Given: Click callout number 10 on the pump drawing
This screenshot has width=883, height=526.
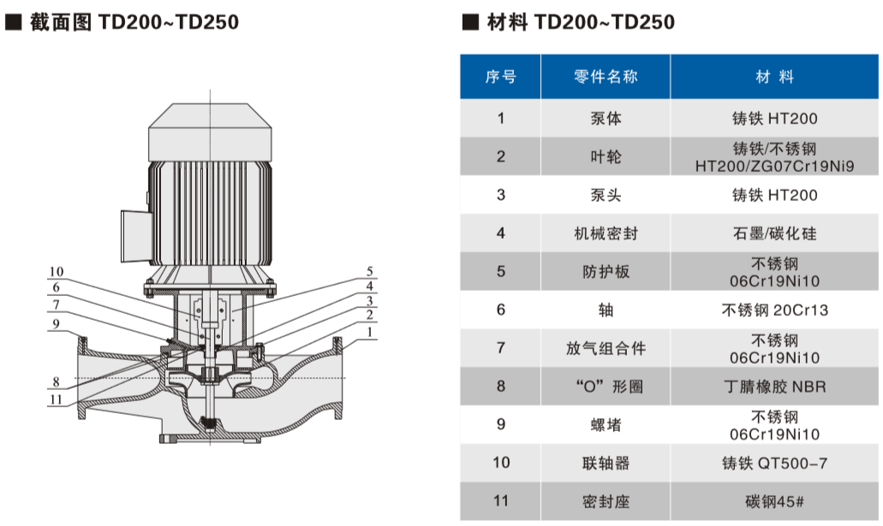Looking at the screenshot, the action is tap(57, 272).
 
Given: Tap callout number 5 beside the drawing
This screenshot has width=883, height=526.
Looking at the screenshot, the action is tap(369, 271).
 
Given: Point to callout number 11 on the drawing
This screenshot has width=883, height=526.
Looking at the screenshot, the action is tap(57, 399).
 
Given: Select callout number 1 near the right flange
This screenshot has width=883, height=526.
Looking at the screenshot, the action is tap(369, 332).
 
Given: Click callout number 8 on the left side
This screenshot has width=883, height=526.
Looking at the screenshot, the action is tap(57, 382).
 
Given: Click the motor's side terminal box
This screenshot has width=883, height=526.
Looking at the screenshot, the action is tap(134, 236).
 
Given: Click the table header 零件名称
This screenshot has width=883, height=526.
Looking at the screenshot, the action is tap(606, 76).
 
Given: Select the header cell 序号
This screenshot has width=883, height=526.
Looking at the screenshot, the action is tap(501, 76).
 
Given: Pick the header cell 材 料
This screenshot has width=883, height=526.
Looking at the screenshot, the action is tap(774, 76).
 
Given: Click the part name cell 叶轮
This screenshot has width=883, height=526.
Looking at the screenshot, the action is tap(606, 157).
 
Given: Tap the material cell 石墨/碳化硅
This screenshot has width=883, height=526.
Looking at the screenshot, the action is tap(774, 233).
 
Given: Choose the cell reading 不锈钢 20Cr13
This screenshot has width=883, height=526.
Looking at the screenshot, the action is tap(774, 310).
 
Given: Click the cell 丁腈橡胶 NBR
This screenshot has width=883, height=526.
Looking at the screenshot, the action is tap(774, 387).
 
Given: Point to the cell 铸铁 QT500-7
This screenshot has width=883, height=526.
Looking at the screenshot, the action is tap(774, 463).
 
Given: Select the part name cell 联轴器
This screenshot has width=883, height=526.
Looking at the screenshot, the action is tap(606, 463).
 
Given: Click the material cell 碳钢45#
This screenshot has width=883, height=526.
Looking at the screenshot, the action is tap(774, 501).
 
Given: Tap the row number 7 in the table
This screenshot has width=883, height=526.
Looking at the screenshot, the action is tap(501, 347).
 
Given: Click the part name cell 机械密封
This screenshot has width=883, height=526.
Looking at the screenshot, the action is tap(606, 233).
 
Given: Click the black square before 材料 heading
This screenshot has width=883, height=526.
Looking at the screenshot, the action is tap(470, 22).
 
